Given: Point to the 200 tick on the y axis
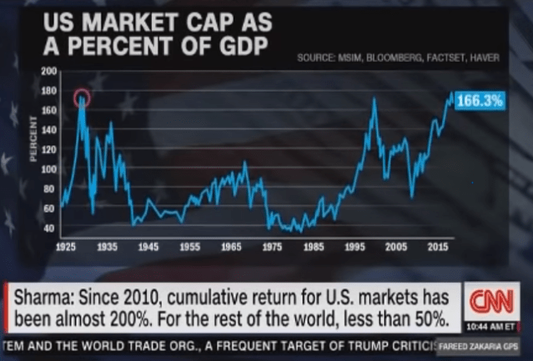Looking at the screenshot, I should (x=48, y=72).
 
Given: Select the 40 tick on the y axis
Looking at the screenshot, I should (x=50, y=228).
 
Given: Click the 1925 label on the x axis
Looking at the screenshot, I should (x=66, y=248).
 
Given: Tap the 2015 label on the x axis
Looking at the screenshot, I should (x=435, y=248).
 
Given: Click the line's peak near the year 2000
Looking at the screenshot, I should (x=374, y=99).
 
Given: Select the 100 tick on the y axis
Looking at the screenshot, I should (x=48, y=169).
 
